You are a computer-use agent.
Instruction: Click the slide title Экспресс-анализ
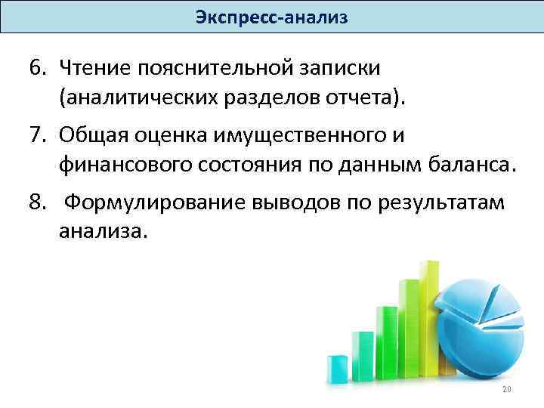coord(272,17)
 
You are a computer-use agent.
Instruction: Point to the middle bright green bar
coord(386,340)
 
